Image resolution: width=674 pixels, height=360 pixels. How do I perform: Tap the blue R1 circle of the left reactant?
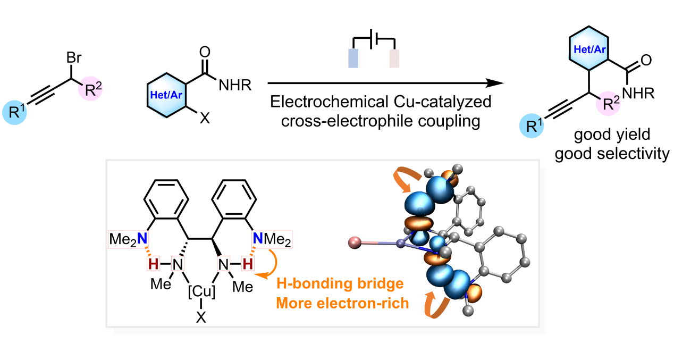[x=19, y=112]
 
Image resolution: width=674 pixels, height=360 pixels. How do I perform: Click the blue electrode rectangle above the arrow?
[x=354, y=59]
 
